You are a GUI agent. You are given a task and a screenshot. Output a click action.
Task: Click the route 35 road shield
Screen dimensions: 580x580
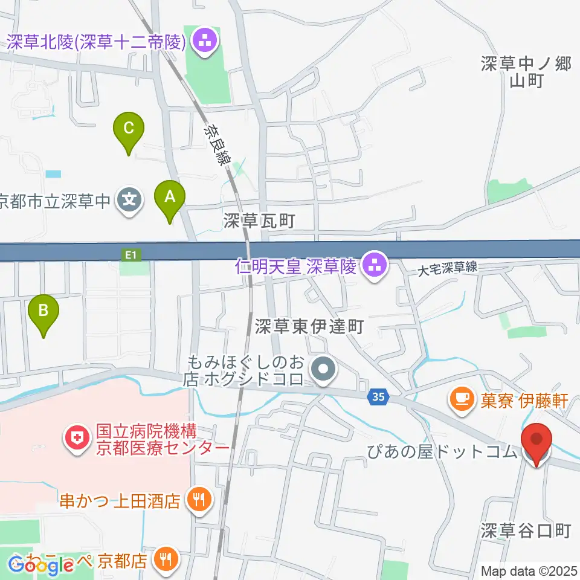coord(378,397)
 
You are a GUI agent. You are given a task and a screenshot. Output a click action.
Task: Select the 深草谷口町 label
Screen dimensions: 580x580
coord(526,531)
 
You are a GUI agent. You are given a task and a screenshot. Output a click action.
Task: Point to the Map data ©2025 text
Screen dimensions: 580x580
coord(529,571)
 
